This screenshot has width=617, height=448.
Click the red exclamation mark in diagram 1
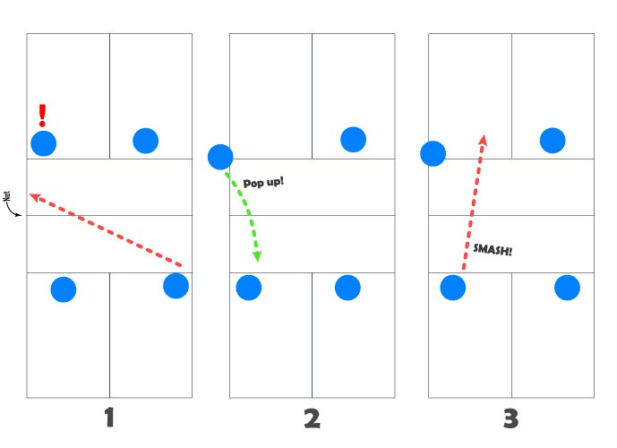click(41, 116)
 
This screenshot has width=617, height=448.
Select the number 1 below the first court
click(109, 418)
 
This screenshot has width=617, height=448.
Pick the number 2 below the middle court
click(312, 418)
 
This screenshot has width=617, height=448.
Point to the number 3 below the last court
click(510, 418)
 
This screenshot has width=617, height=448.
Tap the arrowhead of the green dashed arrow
click(257, 257)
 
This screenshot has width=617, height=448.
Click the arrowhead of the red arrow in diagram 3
click(483, 140)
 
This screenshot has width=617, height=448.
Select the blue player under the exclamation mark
click(43, 143)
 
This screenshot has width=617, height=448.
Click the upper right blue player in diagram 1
click(145, 141)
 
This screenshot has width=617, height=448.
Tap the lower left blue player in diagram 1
click(63, 289)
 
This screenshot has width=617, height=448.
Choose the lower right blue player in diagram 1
click(176, 286)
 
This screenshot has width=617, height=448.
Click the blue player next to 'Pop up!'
click(220, 157)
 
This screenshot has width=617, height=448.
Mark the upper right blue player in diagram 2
click(353, 139)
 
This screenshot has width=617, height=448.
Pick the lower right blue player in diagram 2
click(347, 288)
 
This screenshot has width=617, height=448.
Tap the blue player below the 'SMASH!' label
click(453, 288)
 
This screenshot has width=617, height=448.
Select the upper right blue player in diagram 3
click(553, 140)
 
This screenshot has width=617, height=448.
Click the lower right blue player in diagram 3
click(567, 288)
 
